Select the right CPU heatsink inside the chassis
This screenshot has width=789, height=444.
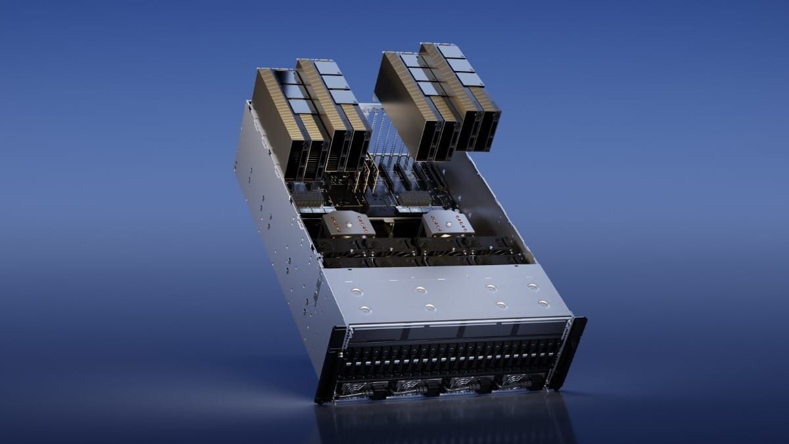(447, 224)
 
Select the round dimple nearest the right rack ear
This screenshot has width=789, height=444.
(543, 303)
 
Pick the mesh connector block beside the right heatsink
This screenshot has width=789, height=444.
(415, 197)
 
